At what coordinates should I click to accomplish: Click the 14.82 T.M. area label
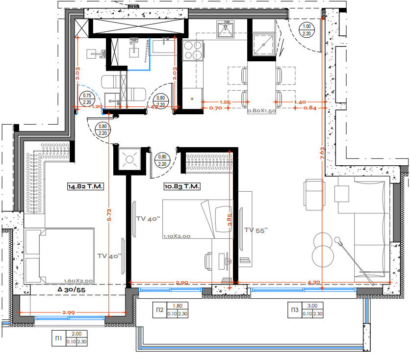[x=86, y=186]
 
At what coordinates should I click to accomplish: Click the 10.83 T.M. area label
[x=181, y=186]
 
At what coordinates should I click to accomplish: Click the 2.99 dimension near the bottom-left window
[x=69, y=312]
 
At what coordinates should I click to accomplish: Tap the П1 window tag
[x=58, y=338]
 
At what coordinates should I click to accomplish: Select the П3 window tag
[x=294, y=310]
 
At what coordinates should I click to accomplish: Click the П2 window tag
[x=160, y=310]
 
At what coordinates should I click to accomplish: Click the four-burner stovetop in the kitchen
[x=192, y=50]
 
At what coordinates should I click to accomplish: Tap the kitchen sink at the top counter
[x=227, y=30]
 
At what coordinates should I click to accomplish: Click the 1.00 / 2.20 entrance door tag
[x=307, y=30]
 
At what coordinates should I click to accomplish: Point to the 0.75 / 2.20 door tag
[x=88, y=99]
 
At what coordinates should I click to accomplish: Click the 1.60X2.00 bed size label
[x=79, y=281]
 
